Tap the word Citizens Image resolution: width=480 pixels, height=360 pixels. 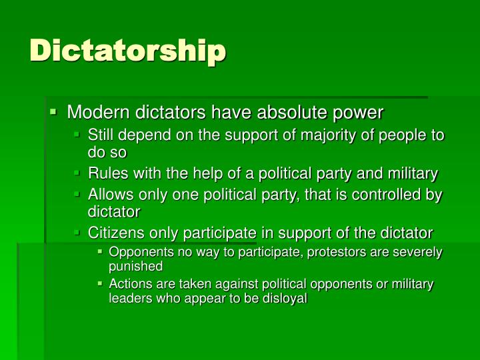[117, 233]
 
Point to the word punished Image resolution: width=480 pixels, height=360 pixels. [135, 267]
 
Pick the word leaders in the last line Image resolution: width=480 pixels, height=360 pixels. [130, 299]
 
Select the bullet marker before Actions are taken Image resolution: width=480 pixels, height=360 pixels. [99, 284]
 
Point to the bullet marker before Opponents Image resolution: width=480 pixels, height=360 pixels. [99, 252]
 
